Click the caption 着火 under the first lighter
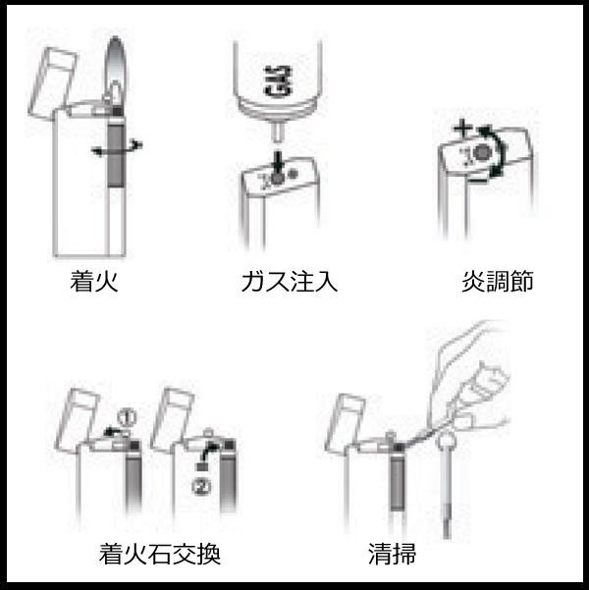pyautogui.click(x=94, y=281)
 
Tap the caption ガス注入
pyautogui.click(x=289, y=282)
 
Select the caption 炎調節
pyautogui.click(x=498, y=281)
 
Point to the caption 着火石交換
pyautogui.click(x=160, y=554)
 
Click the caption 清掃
pyautogui.click(x=392, y=554)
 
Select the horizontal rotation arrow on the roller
pyautogui.click(x=117, y=148)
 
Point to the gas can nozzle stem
pyautogui.click(x=278, y=132)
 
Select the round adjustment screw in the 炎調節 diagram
pyautogui.click(x=483, y=153)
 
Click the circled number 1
pyautogui.click(x=127, y=417)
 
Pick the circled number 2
pyautogui.click(x=201, y=487)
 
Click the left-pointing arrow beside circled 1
pyautogui.click(x=113, y=431)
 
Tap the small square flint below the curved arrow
pyautogui.click(x=202, y=466)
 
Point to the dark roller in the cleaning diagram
pyautogui.click(x=397, y=484)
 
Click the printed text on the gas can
pyautogui.click(x=278, y=80)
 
